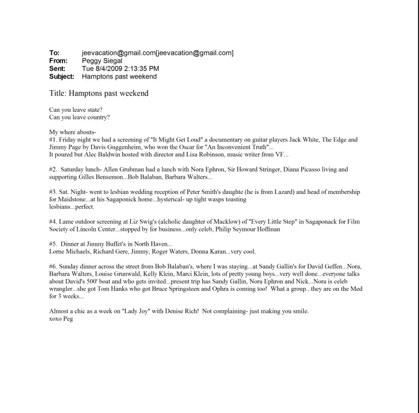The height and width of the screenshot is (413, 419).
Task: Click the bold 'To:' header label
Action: [x=54, y=53]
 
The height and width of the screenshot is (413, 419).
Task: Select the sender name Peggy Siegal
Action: [x=102, y=61]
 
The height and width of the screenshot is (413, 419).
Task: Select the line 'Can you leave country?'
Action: [x=79, y=117]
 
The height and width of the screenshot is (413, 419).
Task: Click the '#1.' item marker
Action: [x=53, y=139]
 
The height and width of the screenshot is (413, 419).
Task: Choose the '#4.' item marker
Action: [x=53, y=222]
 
